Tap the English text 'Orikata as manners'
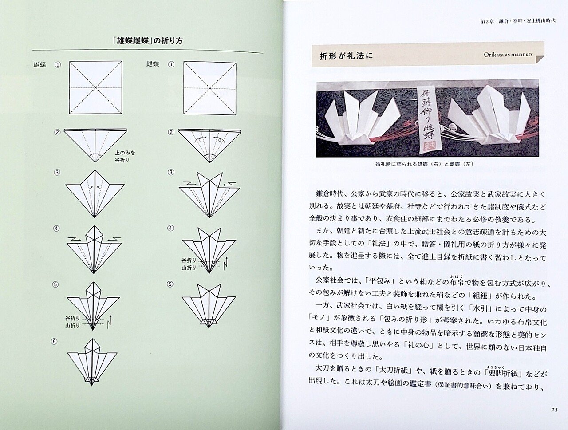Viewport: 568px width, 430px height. [x=508, y=55]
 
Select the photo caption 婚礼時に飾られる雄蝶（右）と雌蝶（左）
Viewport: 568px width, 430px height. [x=424, y=163]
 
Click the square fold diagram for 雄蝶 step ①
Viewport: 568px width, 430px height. [x=95, y=87]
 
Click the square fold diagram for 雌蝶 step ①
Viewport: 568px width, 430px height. [x=209, y=87]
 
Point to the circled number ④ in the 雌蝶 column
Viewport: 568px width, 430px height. [x=170, y=229]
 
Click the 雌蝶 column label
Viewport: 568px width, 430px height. [x=153, y=64]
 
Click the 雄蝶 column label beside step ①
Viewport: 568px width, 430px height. [x=39, y=64]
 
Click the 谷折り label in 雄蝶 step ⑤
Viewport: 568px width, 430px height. [x=72, y=319]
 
